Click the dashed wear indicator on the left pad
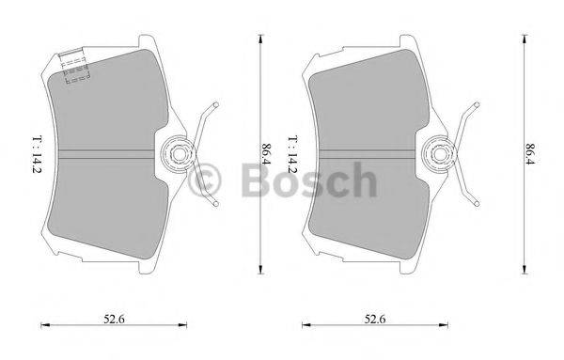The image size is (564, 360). click(77, 67)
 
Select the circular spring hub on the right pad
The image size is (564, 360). click(439, 150)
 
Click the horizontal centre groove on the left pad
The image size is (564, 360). click(103, 150)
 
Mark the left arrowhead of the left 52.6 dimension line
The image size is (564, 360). click(45, 325)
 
